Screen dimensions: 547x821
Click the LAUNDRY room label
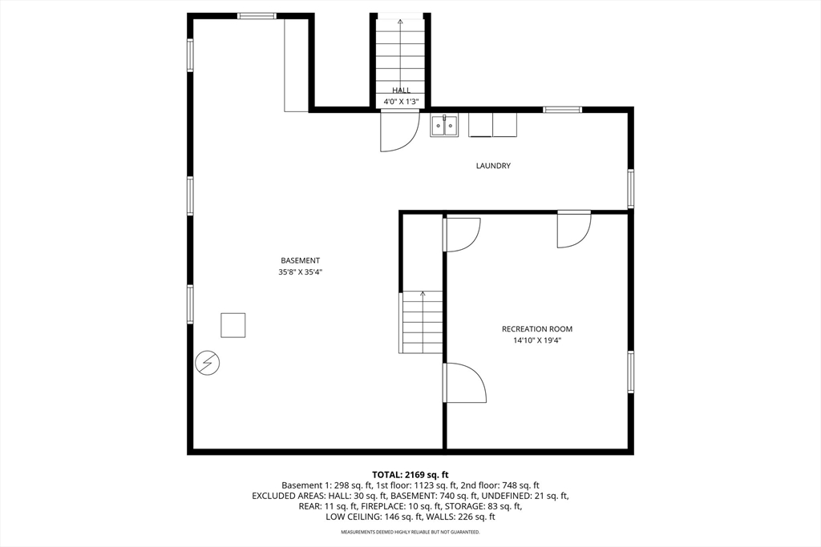pos(493,166)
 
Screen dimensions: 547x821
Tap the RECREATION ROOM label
pos(537,329)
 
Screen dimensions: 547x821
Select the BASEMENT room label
pos(301,260)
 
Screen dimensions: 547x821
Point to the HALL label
pos(401,90)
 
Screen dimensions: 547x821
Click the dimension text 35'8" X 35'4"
pos(301,272)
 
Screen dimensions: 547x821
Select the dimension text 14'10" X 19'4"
pos(537,340)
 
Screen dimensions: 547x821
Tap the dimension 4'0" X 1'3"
pos(401,102)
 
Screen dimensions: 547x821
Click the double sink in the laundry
pos(444,125)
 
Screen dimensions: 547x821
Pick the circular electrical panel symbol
pos(207,364)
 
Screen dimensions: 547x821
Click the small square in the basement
pos(233,325)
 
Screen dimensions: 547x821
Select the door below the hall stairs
pos(398,131)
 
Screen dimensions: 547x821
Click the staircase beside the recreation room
pos(422,322)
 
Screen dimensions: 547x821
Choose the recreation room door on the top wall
pos(574,229)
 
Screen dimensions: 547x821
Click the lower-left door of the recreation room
pos(465,383)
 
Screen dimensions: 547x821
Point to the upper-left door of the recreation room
pos(462,234)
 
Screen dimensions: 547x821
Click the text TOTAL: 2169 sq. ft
pos(410,475)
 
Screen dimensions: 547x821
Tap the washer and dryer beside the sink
pos(493,125)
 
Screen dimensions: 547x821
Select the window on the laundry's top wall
pos(562,110)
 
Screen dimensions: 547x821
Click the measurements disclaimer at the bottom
pos(410,532)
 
